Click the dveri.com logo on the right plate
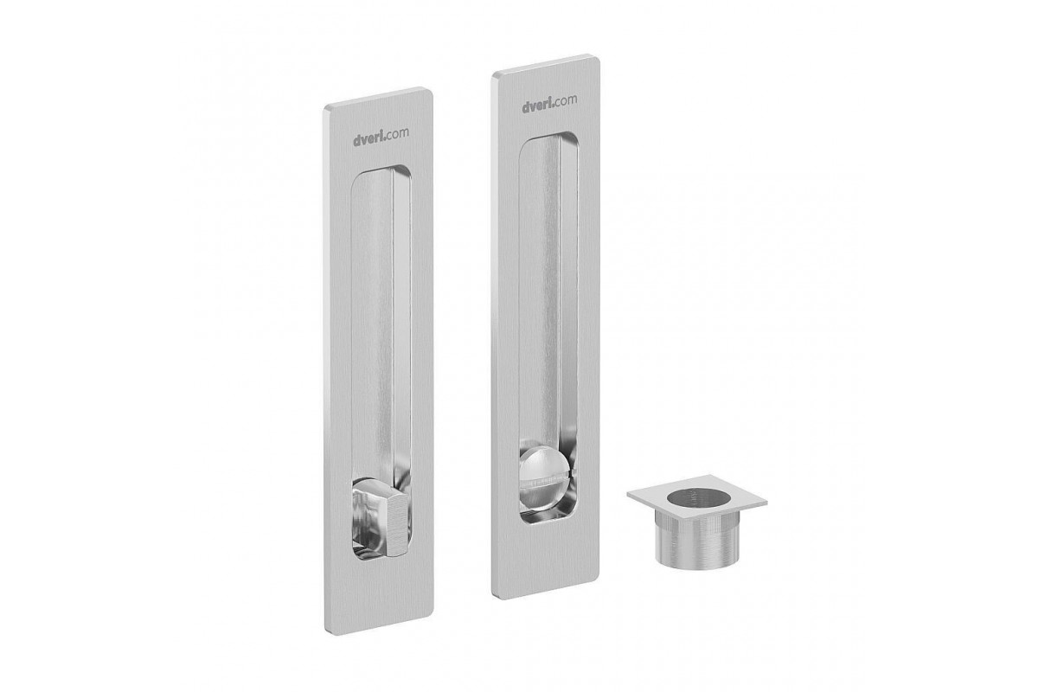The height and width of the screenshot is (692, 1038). [549, 104]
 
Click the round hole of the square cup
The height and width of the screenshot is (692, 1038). [699, 500]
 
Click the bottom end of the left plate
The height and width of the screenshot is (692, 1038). [379, 625]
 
